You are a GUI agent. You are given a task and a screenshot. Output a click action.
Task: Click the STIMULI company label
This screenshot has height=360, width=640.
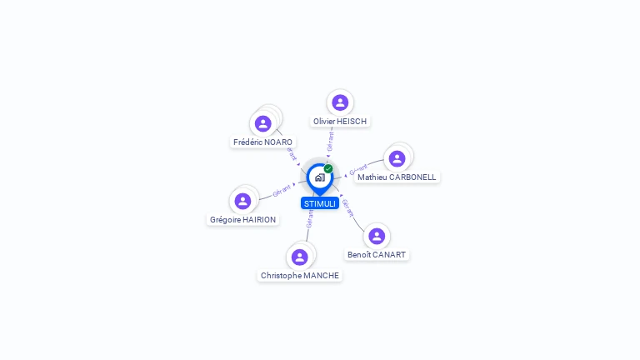(x=320, y=203)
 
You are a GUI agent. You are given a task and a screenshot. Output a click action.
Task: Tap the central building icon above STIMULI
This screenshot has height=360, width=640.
(x=319, y=177)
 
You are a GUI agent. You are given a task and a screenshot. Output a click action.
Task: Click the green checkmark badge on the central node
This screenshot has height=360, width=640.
(x=328, y=168)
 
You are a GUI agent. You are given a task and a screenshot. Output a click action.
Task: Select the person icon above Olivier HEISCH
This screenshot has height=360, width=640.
(x=340, y=102)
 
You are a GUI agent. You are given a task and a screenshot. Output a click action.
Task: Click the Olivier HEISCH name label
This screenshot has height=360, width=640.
(x=340, y=122)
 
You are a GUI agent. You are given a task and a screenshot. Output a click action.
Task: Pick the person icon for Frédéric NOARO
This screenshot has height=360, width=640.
(x=263, y=124)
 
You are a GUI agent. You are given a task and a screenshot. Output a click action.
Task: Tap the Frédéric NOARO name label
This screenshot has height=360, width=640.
(x=263, y=142)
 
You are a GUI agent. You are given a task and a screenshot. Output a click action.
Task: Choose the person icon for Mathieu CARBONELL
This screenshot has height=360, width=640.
(x=397, y=158)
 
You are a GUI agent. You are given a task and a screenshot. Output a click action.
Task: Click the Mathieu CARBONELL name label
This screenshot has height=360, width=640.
(x=397, y=177)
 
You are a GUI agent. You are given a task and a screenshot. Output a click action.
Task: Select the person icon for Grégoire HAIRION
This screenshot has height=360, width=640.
(x=242, y=201)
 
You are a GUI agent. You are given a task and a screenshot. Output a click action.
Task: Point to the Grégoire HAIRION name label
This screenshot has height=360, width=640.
(x=242, y=220)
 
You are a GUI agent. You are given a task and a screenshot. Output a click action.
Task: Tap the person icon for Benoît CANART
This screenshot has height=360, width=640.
(x=377, y=236)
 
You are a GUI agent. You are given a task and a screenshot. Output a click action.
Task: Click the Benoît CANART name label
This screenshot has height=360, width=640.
(x=377, y=255)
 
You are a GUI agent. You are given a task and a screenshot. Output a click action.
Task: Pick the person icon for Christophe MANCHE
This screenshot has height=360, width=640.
(x=300, y=257)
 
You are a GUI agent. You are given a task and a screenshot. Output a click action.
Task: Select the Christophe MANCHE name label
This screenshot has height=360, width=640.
(x=300, y=276)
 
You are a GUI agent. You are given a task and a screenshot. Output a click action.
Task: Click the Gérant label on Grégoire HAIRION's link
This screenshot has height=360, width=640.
(x=282, y=191)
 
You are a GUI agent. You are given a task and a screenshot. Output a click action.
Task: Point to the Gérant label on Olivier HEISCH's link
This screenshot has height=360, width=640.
(x=331, y=141)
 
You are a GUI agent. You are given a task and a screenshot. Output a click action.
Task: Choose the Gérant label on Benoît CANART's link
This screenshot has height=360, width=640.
(x=348, y=208)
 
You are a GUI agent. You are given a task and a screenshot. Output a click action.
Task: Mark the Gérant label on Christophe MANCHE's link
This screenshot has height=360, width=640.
(x=310, y=219)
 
